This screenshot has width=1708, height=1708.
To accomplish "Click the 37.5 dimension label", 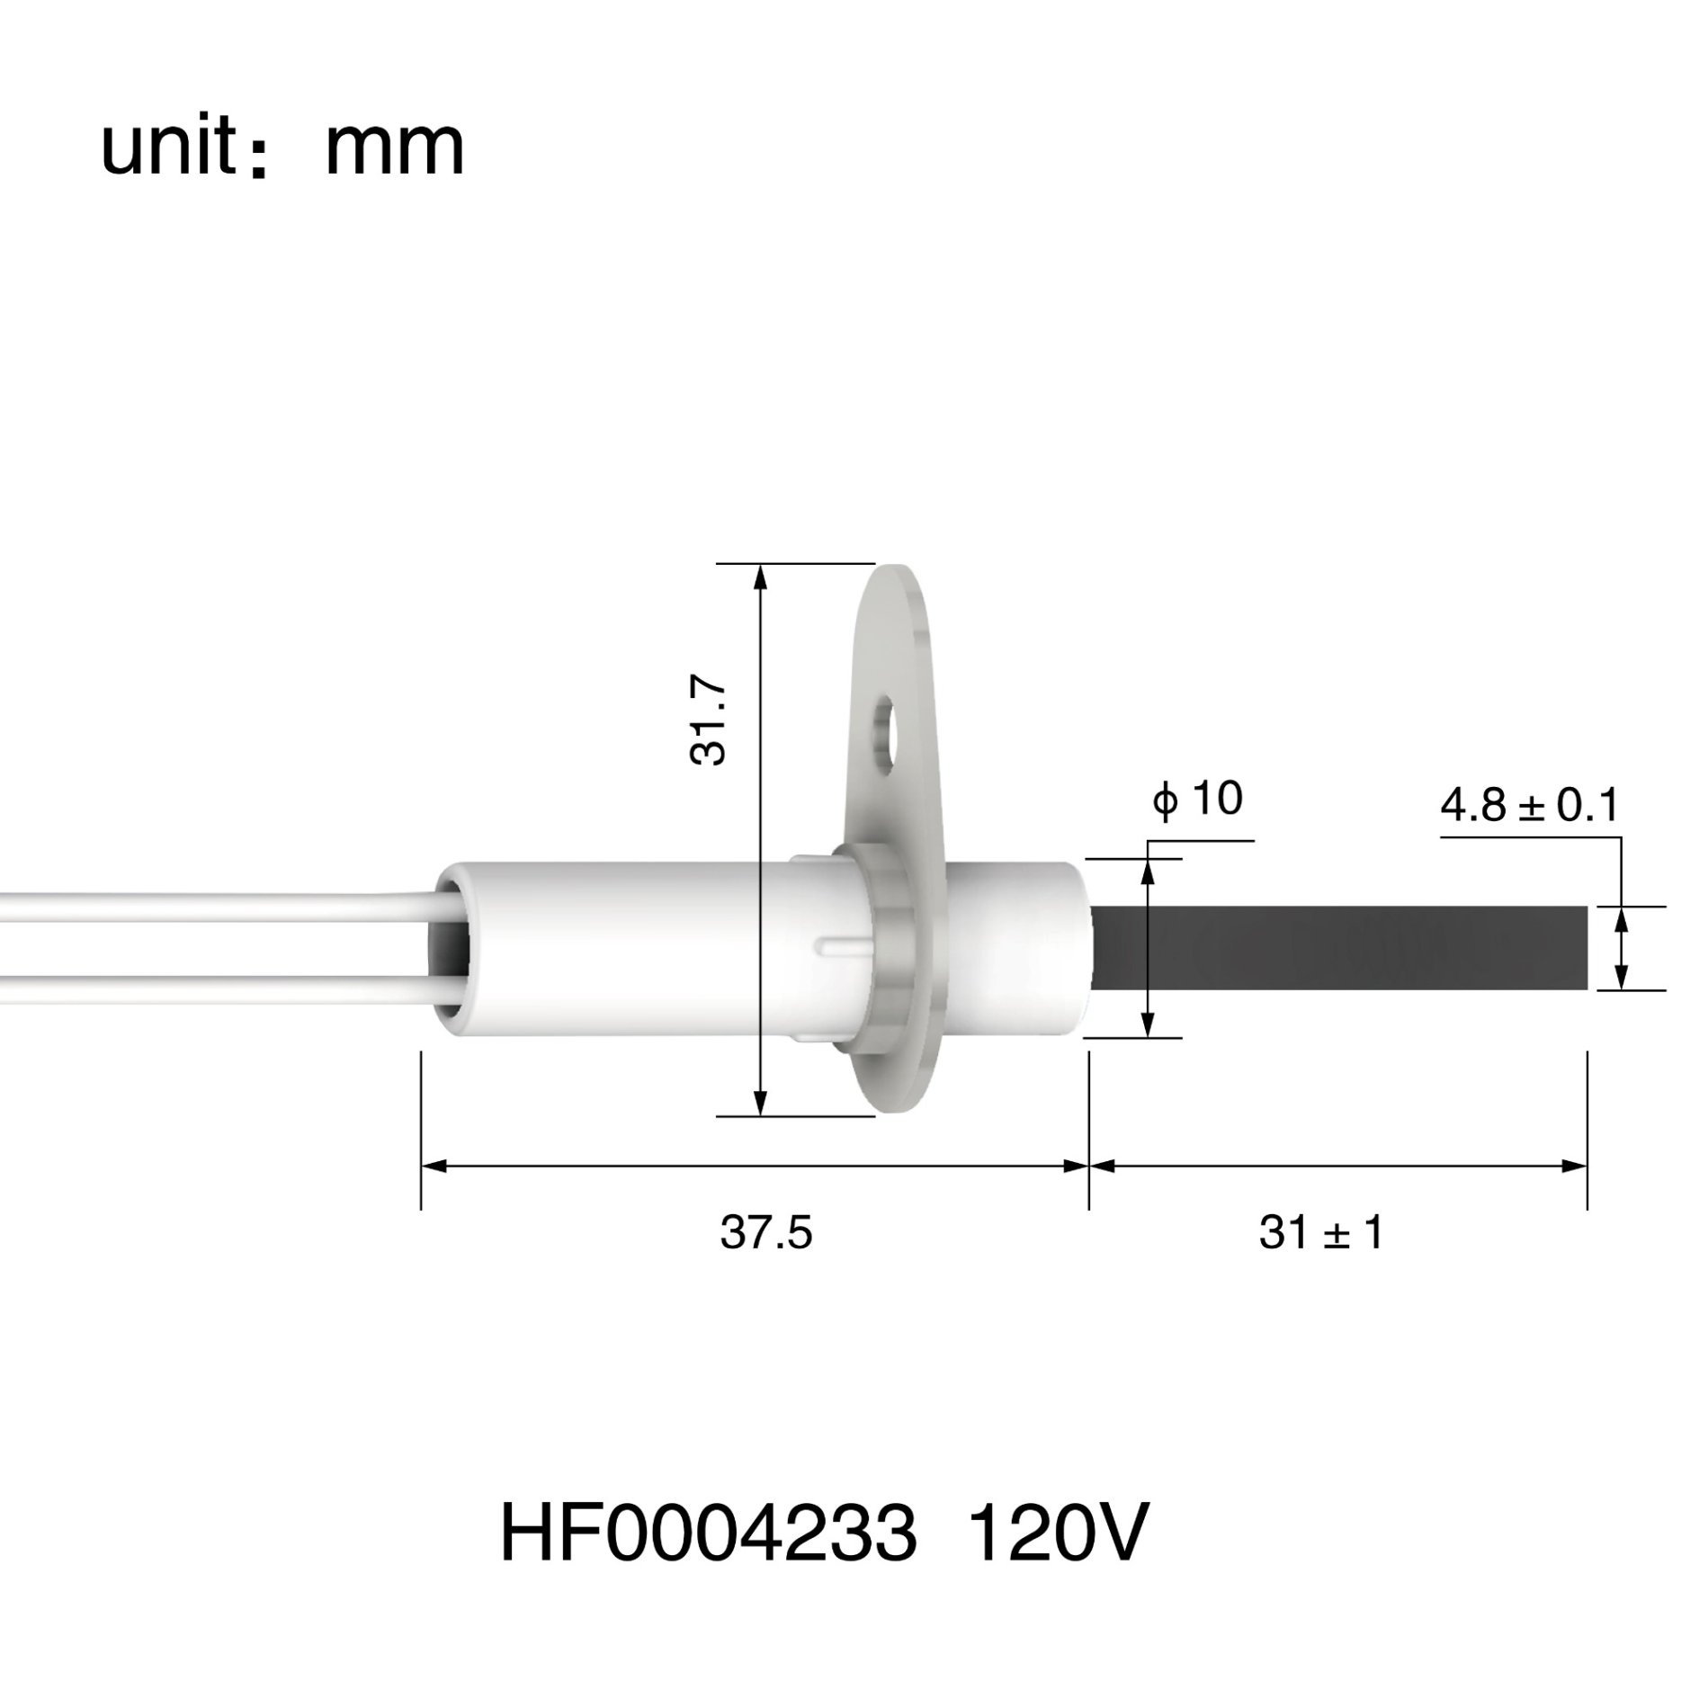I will tap(765, 1233).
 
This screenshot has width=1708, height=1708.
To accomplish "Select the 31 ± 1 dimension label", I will tap(1319, 1233).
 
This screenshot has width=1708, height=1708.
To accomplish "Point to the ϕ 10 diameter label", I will tap(1198, 799).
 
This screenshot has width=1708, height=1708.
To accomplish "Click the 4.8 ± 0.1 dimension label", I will tap(1529, 806).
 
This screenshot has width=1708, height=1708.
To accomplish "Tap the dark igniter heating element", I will tap(1340, 948).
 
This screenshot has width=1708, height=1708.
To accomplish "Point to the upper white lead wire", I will tap(216, 903).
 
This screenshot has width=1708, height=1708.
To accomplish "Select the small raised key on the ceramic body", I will tap(837, 946).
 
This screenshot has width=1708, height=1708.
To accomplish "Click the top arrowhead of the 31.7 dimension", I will tap(761, 576).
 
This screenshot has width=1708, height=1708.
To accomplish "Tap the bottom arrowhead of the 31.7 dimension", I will tap(761, 1104).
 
